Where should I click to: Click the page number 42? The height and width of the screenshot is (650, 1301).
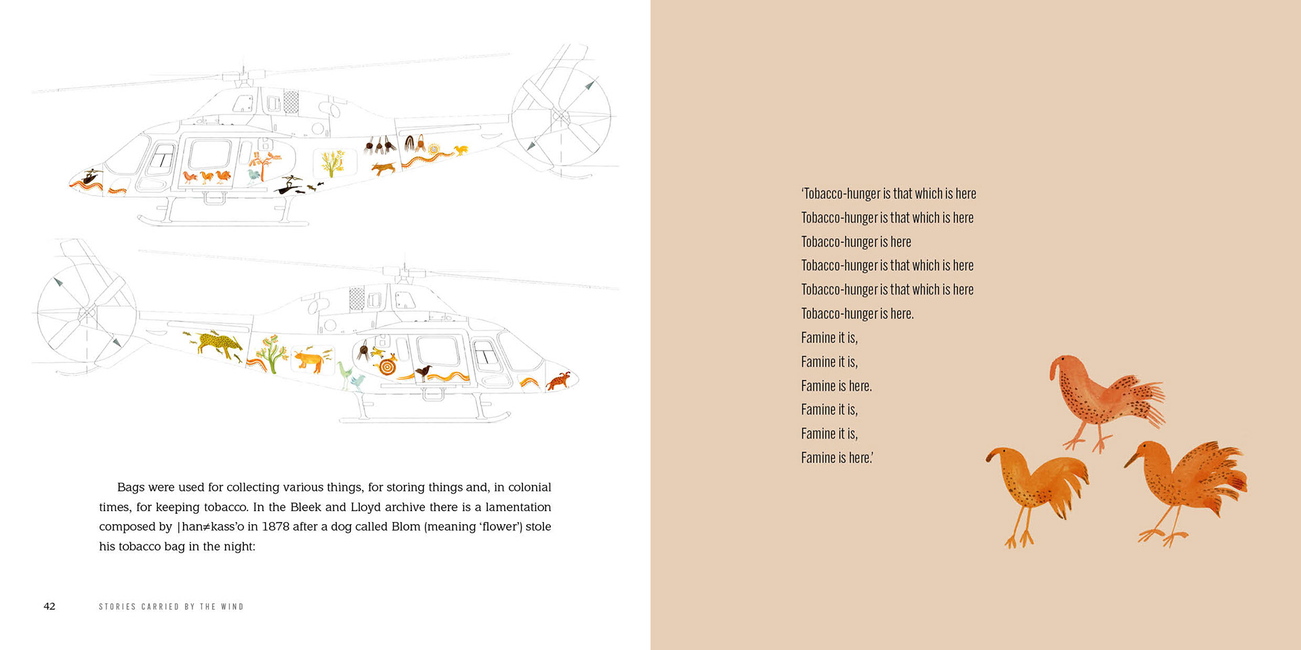click(49, 606)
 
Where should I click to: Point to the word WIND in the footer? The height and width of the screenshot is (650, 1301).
click(232, 607)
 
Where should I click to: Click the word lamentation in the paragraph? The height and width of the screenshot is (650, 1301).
click(518, 507)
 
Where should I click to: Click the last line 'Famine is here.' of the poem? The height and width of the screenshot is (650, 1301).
click(837, 458)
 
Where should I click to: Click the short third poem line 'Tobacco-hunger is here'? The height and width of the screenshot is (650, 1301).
click(856, 242)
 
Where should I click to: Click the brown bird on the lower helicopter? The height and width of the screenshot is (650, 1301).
click(424, 371)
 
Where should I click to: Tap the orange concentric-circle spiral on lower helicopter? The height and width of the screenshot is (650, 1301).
click(387, 367)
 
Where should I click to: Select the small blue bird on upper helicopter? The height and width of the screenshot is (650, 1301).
click(253, 175)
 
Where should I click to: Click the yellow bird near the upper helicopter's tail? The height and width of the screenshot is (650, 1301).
click(461, 150)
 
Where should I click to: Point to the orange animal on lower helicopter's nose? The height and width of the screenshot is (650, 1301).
click(560, 381)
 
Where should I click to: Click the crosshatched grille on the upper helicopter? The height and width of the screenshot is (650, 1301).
click(291, 102)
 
